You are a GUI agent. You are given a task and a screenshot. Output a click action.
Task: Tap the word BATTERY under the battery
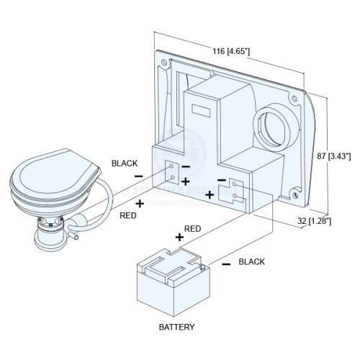(x=176, y=326)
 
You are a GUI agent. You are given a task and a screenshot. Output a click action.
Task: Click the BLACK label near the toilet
(x=124, y=163)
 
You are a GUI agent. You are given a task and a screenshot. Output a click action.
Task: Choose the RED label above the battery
(x=192, y=228)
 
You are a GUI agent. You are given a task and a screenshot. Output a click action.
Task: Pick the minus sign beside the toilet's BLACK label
(x=138, y=176)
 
